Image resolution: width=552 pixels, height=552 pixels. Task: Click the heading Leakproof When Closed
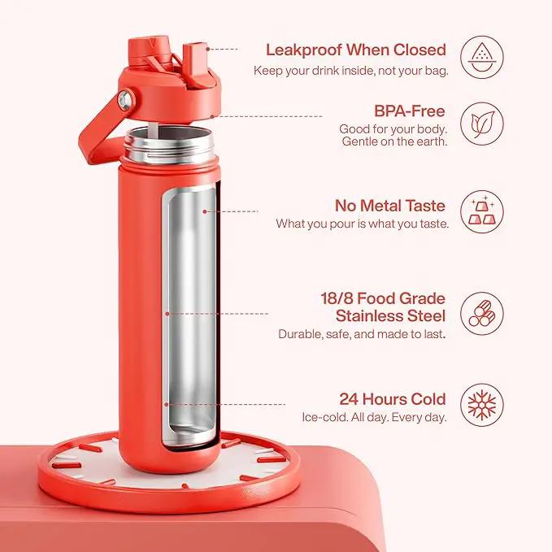coord(356,50)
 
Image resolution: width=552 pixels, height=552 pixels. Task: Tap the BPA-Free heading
coord(410,111)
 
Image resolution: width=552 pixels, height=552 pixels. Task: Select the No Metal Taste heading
coord(390,206)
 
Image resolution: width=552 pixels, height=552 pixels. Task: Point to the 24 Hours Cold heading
coord(393,399)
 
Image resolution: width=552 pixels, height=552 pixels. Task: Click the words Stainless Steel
coord(391,315)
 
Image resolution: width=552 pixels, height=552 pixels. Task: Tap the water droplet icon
coord(482,57)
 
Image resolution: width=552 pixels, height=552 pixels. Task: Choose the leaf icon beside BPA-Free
coord(482,124)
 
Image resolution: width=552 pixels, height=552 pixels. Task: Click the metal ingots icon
coord(482,211)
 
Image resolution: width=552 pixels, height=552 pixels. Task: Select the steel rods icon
coord(482,313)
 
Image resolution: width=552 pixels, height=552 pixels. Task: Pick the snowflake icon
coord(482,405)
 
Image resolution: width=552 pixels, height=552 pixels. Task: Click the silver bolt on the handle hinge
coord(125,100)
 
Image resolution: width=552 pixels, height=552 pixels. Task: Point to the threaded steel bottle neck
coord(170,146)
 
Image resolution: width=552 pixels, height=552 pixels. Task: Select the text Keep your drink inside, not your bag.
coord(351,71)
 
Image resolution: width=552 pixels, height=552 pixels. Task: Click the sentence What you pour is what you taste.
coord(363,224)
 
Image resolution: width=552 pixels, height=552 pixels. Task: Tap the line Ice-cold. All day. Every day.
coord(374,418)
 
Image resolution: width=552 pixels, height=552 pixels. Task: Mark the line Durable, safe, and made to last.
coord(362,334)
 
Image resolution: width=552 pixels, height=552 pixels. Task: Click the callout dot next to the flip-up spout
coord(207,50)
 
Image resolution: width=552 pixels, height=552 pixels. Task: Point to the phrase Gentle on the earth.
coord(394,142)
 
